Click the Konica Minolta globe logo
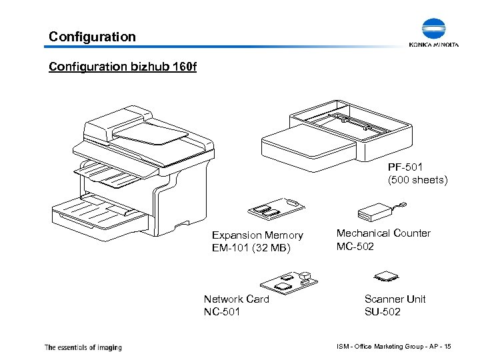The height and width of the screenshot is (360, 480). point(439,29)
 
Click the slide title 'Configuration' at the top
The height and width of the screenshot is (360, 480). point(93,37)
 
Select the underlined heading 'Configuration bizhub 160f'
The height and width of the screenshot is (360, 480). point(123,67)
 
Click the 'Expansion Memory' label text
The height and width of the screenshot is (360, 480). point(257,235)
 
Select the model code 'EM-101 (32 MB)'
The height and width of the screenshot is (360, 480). point(250,248)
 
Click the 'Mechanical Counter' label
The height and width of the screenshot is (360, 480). point(383,233)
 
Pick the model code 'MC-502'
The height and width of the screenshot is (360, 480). point(355,246)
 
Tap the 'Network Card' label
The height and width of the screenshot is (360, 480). point(236,299)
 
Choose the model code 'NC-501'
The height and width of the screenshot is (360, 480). point(221,311)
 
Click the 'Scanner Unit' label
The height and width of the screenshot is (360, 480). point(395,299)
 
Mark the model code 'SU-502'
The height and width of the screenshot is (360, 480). point(383,311)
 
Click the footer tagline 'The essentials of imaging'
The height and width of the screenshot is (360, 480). point(83,347)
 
